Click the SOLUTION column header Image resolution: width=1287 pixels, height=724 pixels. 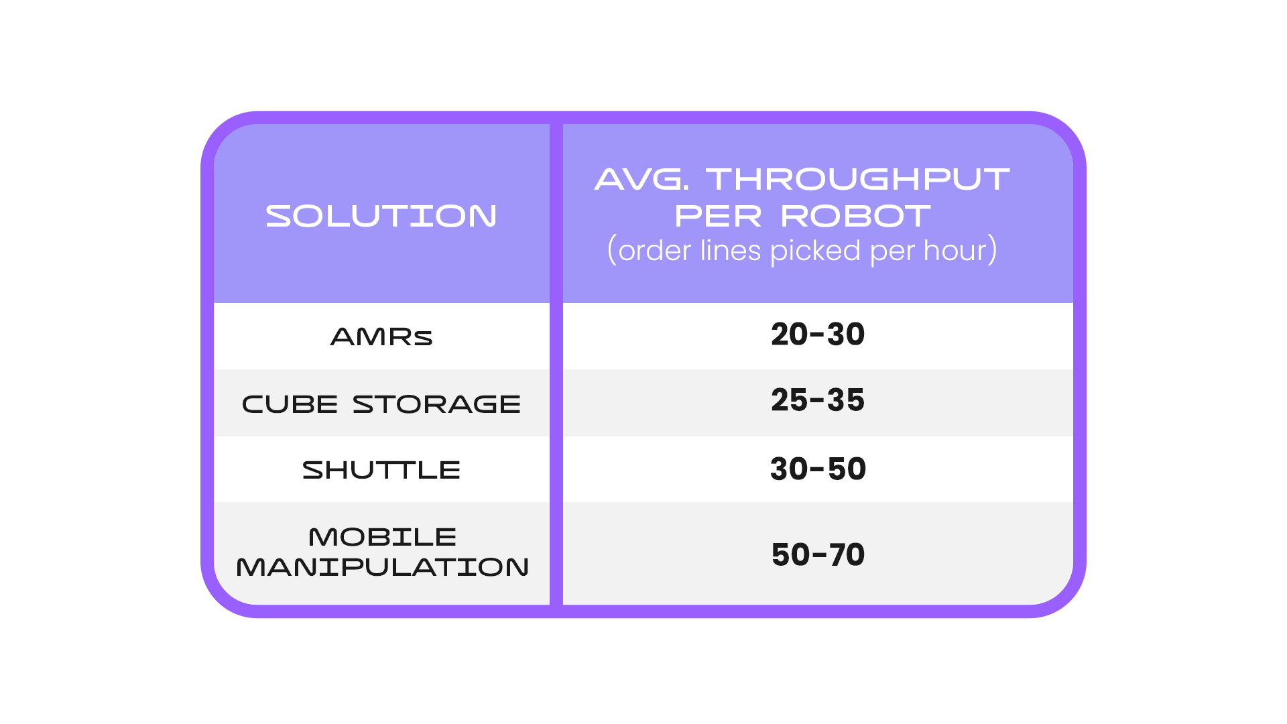pos(381,216)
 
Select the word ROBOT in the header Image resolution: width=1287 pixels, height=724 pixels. pos(856,216)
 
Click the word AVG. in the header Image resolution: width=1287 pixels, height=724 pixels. pos(641,179)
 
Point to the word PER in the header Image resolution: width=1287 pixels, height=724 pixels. pos(718,216)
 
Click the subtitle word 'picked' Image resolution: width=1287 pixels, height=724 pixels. pos(815,251)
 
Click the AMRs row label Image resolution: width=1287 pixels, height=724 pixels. pos(381,337)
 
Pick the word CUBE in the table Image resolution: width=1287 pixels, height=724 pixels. pos(290,404)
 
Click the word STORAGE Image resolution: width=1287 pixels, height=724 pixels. pos(436,404)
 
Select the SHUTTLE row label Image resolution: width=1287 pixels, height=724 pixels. pos(381,470)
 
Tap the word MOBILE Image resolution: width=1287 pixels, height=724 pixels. pos(382,537)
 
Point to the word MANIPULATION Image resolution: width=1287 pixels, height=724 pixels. pos(382,567)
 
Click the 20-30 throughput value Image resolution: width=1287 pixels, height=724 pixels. pos(818,334)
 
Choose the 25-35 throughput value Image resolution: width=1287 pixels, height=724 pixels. pos(818,400)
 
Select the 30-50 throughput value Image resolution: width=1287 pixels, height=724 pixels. pos(818,469)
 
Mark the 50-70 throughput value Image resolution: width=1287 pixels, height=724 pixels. pos(818,554)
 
